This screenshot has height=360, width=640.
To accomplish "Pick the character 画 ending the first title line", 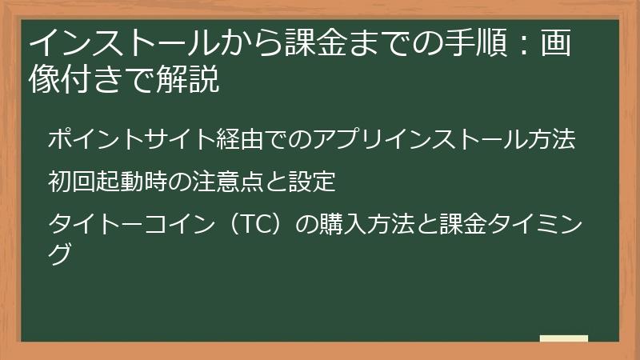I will click(x=560, y=42).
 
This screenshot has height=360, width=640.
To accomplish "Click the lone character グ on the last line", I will click(x=60, y=253).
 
